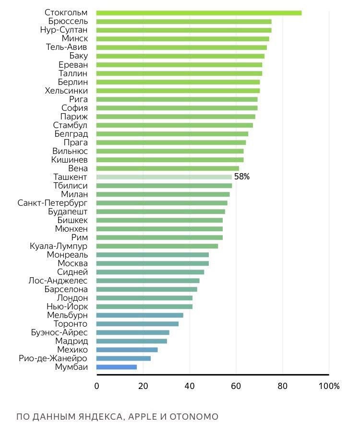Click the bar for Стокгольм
199,13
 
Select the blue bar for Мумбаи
117,367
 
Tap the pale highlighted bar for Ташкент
164,177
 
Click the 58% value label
242,177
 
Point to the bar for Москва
153,263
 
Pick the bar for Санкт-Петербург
162,203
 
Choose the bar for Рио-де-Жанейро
123,358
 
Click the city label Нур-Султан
64,30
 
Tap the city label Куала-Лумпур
59,246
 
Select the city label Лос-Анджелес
58,281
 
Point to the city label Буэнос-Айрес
60,332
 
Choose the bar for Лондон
144,298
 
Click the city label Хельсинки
66,91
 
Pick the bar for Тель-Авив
181,47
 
